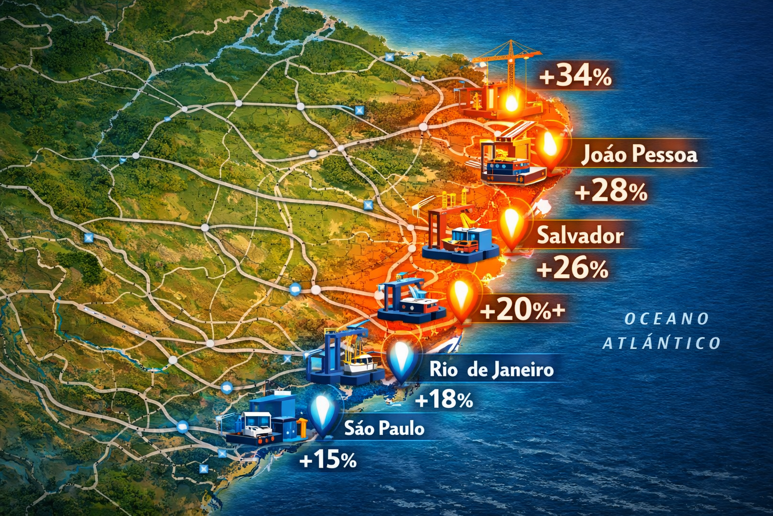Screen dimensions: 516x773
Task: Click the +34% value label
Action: click(575, 77)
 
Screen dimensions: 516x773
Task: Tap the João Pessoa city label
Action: click(639, 154)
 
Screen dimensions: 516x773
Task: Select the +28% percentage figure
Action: click(611, 191)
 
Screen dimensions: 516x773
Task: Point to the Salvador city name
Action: click(580, 235)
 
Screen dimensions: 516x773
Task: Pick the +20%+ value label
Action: click(522, 309)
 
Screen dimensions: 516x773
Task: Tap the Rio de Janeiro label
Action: click(491, 370)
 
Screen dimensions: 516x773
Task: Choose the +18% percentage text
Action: click(444, 400)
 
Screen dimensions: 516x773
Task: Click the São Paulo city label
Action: click(384, 428)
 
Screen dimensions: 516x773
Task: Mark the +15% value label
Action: click(328, 460)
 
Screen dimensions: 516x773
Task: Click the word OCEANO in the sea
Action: click(666, 318)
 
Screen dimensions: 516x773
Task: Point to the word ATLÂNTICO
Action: click(661, 343)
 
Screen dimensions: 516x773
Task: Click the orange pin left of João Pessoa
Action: click(551, 147)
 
